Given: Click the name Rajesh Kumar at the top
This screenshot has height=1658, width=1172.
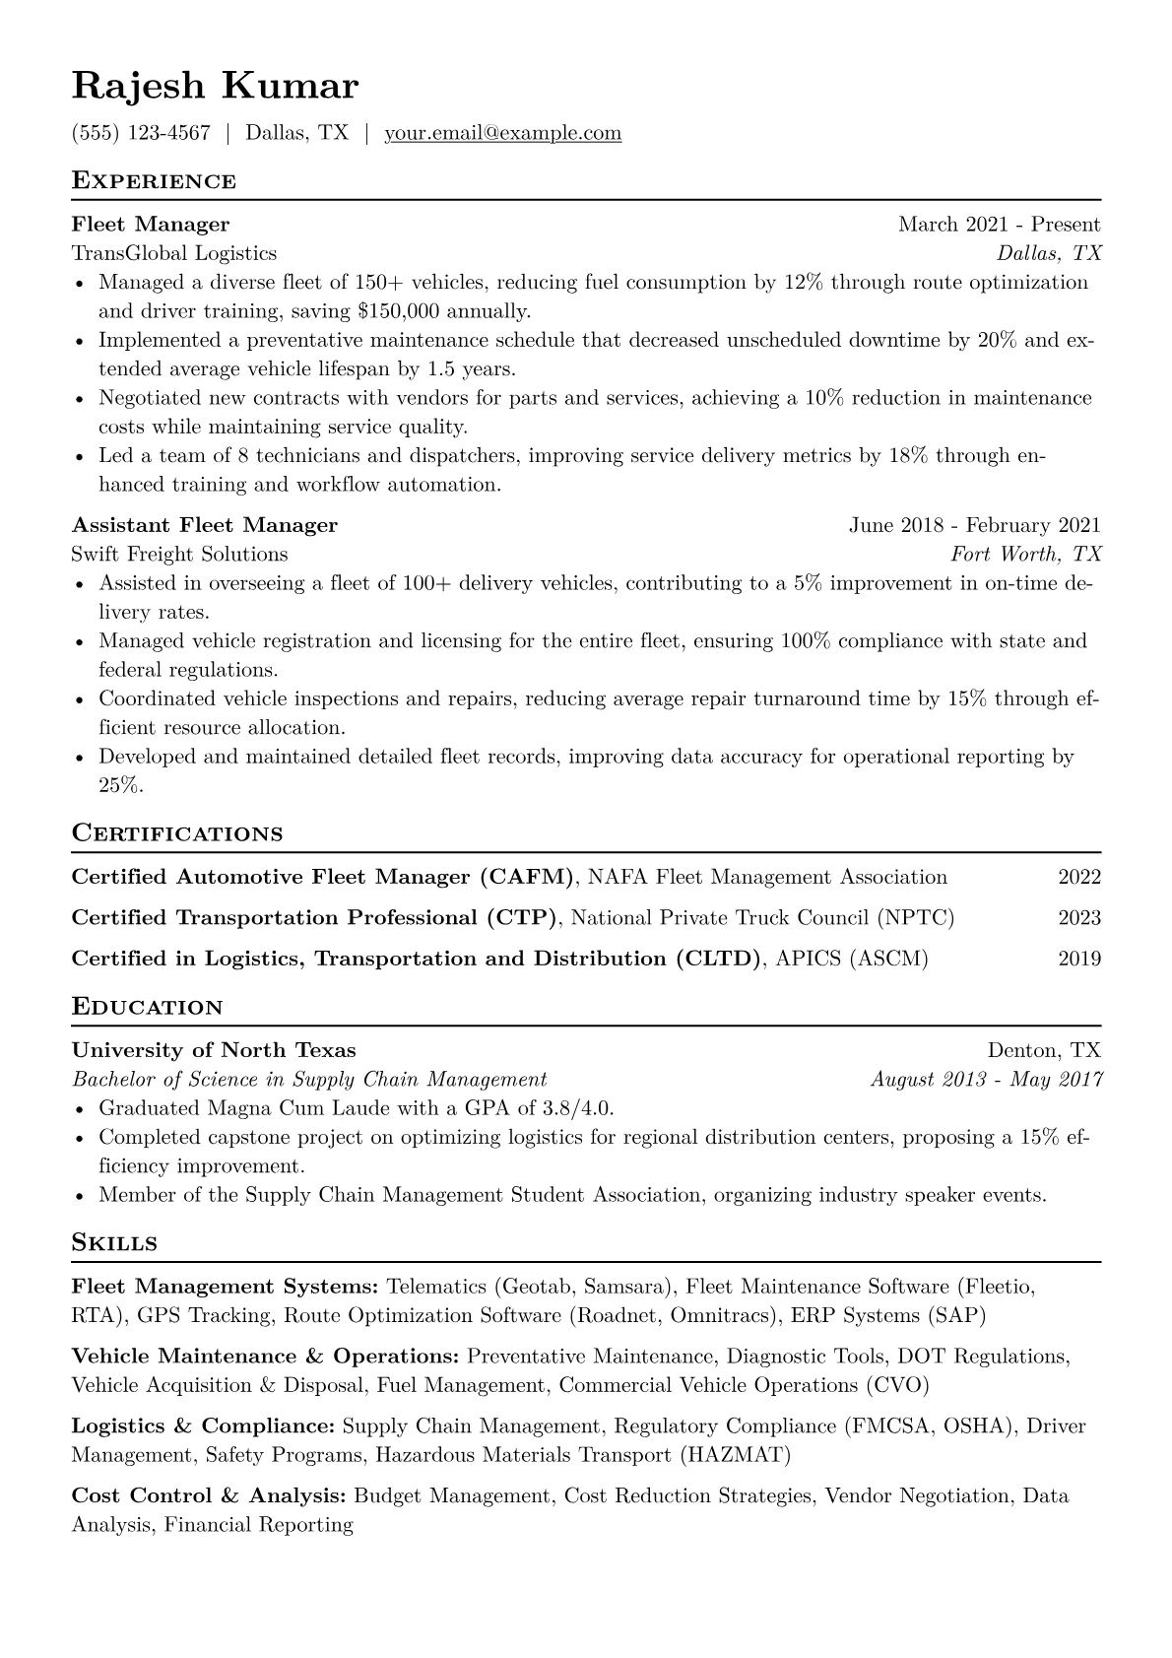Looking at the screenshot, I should click(x=215, y=87).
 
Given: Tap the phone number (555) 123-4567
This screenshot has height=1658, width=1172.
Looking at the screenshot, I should click(x=141, y=133).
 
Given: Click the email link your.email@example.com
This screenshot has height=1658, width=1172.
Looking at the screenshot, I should click(x=502, y=133).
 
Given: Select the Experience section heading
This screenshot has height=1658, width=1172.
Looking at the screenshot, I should click(x=154, y=181).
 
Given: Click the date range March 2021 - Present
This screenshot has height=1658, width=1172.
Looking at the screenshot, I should click(x=999, y=225).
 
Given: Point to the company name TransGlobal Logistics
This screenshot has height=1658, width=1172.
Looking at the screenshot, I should click(x=174, y=253).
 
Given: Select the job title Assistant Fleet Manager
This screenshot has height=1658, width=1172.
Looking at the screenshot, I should click(x=205, y=525).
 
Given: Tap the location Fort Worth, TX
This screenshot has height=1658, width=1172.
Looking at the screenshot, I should click(x=1025, y=554).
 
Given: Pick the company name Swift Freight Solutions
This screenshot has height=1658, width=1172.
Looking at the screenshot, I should click(x=180, y=554).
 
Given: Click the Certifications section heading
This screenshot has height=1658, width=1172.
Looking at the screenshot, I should click(x=177, y=833).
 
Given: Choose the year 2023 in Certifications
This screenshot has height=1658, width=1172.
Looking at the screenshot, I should click(x=1079, y=918).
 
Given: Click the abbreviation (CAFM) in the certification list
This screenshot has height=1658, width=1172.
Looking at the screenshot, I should click(x=526, y=877).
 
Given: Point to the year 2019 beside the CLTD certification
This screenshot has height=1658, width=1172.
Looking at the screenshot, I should click(x=1079, y=959).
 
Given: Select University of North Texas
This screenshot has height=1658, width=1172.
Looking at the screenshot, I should click(x=214, y=1050).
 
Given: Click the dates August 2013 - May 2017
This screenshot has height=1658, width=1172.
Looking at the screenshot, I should click(x=986, y=1079).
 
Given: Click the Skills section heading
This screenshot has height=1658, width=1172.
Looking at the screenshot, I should click(x=114, y=1243).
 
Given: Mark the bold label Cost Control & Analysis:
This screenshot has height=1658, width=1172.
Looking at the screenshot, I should click(x=209, y=1495).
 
